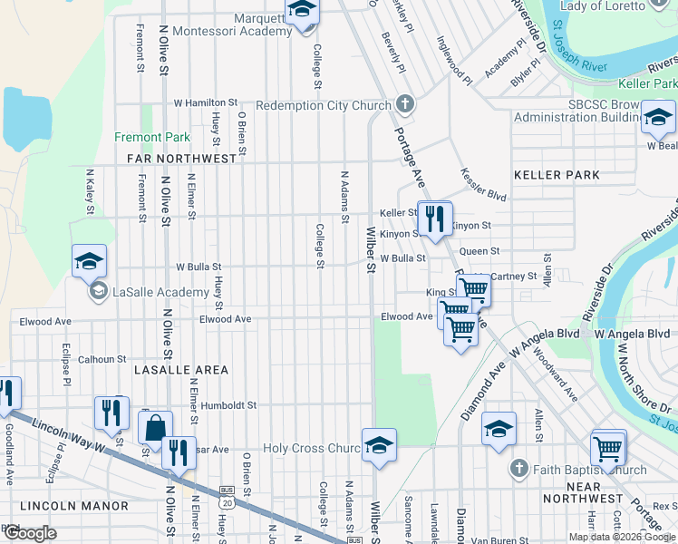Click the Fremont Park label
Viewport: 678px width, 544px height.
coord(152,138)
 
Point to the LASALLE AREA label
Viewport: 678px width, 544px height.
coord(181,371)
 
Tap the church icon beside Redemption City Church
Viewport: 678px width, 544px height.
coord(404,105)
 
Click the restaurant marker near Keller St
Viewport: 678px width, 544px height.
coord(435,219)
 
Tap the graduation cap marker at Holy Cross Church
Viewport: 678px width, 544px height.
coord(379,445)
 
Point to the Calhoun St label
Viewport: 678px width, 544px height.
coord(102,359)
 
